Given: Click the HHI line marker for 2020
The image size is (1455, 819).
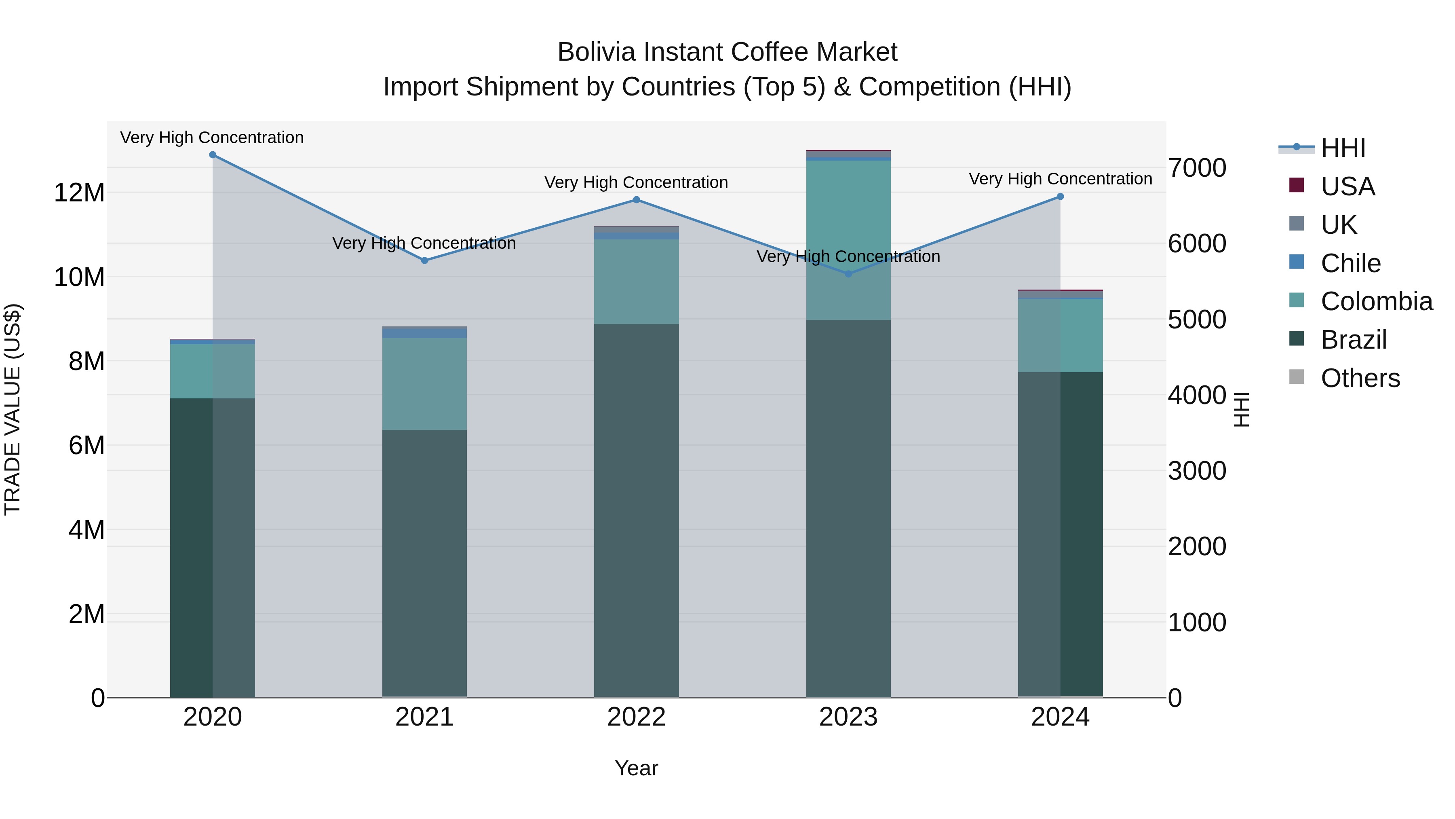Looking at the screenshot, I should point(212,155).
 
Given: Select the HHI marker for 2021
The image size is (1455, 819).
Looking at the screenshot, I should point(425,260).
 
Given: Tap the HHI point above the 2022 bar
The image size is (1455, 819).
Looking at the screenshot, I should point(637,199).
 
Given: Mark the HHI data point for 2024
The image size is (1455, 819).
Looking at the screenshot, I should point(1060,197).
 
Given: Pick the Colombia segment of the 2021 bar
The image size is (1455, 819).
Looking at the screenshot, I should point(425,384).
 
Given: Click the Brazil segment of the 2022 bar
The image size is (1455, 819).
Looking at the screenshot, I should point(637,509).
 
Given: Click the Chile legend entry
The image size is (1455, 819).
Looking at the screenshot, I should point(1350,263).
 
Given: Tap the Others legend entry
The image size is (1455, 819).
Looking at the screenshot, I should point(1360,378).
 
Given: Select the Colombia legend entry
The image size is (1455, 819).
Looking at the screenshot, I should point(1376,302).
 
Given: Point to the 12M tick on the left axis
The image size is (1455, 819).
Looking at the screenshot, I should point(79,193).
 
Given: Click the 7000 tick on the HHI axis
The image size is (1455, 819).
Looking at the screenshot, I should point(1196,168).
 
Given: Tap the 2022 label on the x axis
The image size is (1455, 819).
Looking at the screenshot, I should point(637,717).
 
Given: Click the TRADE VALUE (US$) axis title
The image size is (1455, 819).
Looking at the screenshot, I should point(13,410).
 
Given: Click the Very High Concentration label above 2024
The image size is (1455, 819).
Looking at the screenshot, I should point(1060,179).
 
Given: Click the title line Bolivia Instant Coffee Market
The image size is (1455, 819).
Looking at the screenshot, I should point(727,53).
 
